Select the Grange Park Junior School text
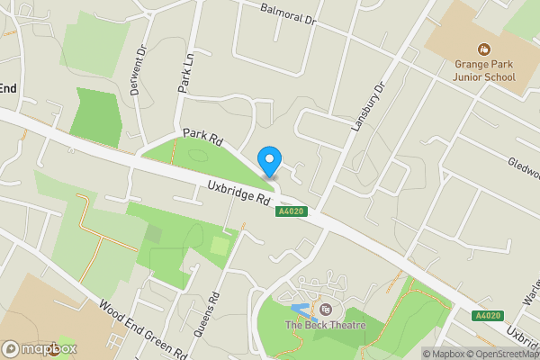pyautogui.click(x=483, y=70)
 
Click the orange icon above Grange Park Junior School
pyautogui.click(x=484, y=49)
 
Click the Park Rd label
pyautogui.click(x=202, y=138)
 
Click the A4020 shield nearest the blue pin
pyautogui.click(x=289, y=211)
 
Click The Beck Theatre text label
pyautogui.click(x=326, y=325)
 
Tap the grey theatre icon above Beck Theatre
pyautogui.click(x=325, y=310)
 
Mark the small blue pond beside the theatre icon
pyautogui.click(x=301, y=310)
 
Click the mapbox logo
pyautogui.click(x=40, y=348)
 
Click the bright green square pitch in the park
pyautogui.click(x=220, y=245)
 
